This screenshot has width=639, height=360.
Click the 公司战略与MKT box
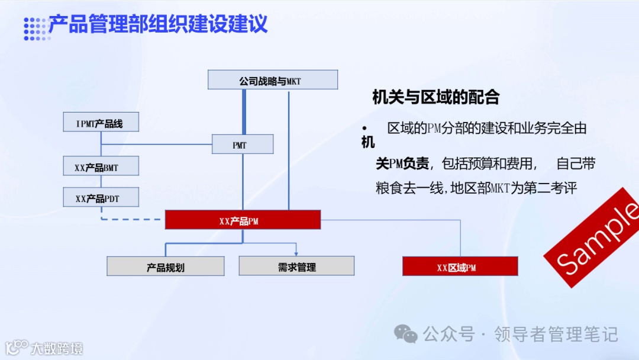273,80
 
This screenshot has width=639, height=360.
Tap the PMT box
243,144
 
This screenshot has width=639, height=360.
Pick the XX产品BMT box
101,166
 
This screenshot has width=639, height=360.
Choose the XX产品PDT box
101,197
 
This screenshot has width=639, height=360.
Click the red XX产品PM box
243,220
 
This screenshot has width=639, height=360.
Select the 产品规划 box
166,266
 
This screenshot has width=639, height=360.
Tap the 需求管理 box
296,266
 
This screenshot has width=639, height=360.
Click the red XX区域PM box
460,266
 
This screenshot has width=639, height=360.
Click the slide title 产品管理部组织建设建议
158,24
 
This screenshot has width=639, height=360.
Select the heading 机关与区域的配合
436,97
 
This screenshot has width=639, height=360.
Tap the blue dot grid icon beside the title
34,28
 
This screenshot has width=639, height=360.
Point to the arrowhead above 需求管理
296,253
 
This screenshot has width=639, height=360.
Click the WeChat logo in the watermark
406,335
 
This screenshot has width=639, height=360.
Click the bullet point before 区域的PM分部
365,128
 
